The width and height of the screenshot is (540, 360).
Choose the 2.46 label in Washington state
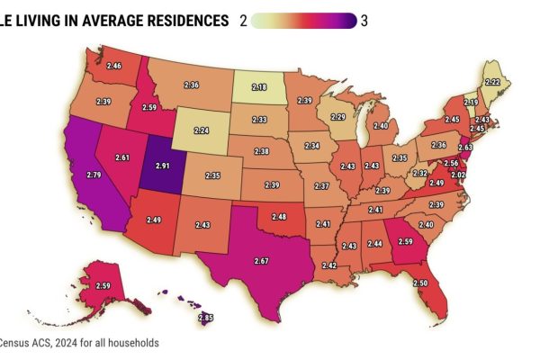[x=113, y=66]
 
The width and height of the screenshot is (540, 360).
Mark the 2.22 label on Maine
[x=492, y=81]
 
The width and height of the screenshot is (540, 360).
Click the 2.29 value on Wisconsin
[x=338, y=117]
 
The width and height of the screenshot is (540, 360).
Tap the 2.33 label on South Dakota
[x=259, y=120]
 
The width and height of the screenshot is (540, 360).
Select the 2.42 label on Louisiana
[x=329, y=265]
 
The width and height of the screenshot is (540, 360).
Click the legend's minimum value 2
[x=242, y=21]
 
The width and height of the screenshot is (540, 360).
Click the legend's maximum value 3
[x=364, y=21]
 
